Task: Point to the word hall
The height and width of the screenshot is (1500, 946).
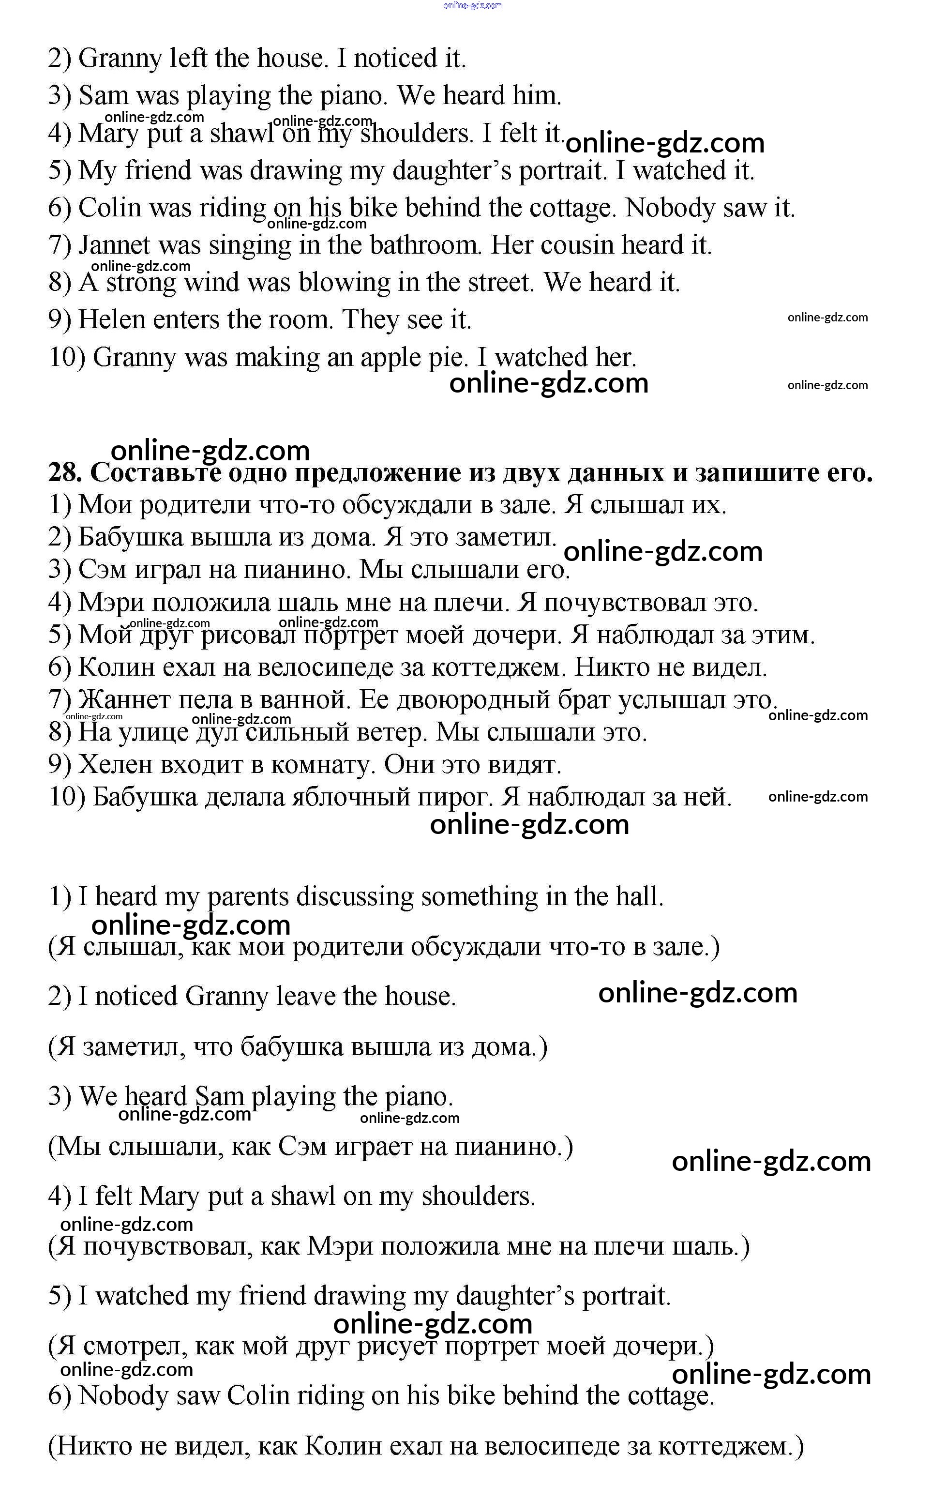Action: (638, 897)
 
